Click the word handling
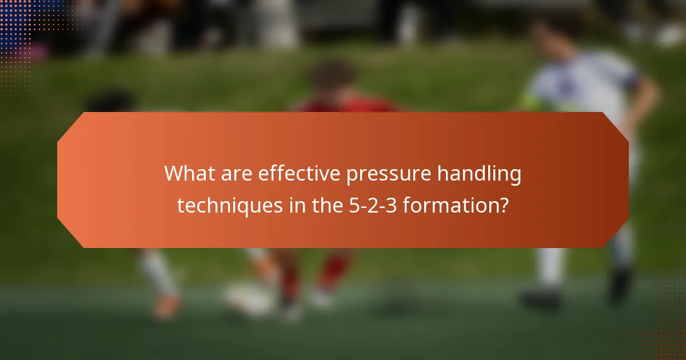(480, 174)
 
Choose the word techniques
(228, 205)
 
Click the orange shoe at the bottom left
(167, 307)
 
